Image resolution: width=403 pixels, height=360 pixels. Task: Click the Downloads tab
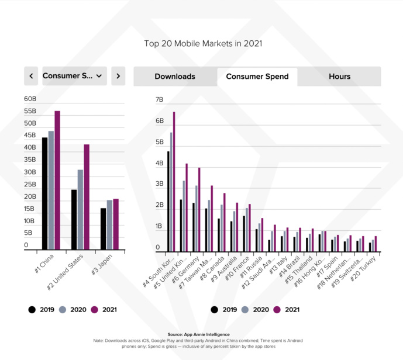[175, 77]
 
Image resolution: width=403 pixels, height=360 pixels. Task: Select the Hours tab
[339, 77]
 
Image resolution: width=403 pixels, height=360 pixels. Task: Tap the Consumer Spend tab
[257, 77]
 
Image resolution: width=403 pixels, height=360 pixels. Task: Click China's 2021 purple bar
[57, 181]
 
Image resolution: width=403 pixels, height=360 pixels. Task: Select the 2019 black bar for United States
[74, 220]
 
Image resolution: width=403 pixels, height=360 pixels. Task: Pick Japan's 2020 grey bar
[109, 226]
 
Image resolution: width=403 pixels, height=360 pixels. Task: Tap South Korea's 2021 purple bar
[174, 182]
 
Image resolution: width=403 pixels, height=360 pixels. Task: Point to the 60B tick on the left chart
[30, 99]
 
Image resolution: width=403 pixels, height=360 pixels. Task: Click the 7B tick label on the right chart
[159, 100]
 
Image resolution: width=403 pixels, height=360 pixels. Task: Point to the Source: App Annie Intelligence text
[201, 335]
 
